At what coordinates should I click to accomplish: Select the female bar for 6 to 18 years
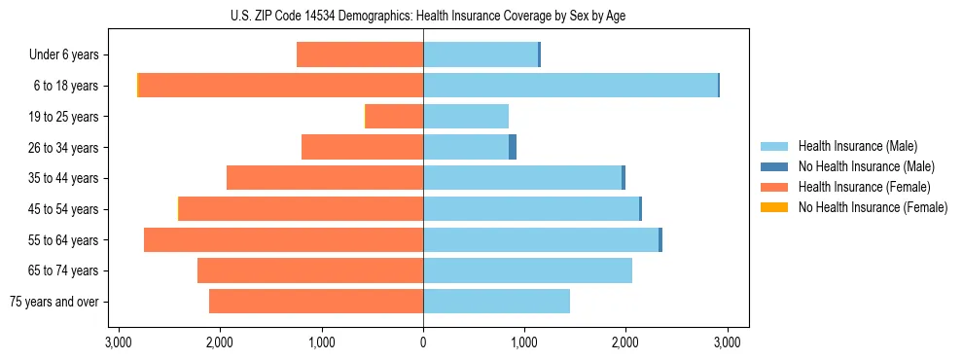[x=281, y=86]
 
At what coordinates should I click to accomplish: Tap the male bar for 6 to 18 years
[x=570, y=86]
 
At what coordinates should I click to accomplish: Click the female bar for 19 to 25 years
[x=394, y=117]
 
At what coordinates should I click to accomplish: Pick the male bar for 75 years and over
[x=496, y=302]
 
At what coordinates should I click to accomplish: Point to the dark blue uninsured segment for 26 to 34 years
[x=513, y=147]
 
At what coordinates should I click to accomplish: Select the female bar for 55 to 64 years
[x=283, y=240]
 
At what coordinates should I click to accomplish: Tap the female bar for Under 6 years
[x=360, y=55]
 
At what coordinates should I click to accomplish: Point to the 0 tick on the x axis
[x=423, y=342]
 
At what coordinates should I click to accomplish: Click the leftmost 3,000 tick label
[x=118, y=342]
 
